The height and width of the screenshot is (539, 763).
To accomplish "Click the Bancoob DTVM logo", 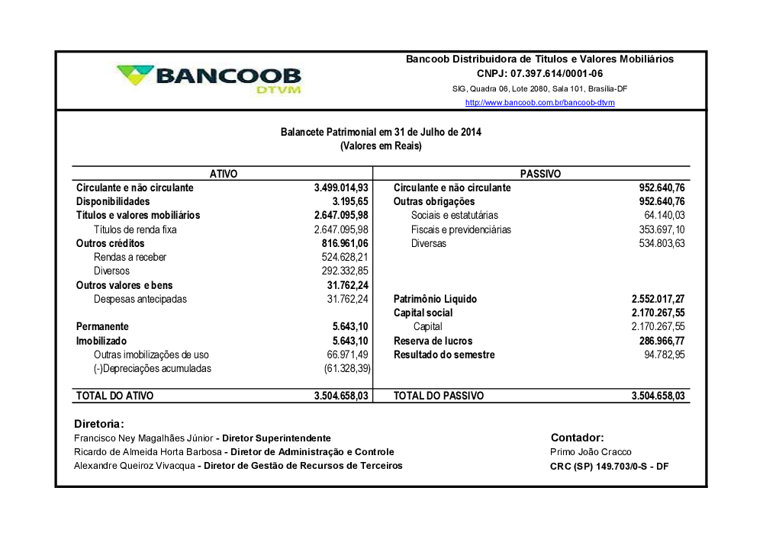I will [x=208, y=79].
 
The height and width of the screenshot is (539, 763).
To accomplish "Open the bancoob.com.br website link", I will [x=539, y=103].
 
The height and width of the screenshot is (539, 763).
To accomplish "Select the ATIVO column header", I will [x=223, y=174].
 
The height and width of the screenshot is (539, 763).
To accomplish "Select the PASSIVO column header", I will [x=540, y=174].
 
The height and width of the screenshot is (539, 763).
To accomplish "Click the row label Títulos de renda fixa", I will [x=135, y=229].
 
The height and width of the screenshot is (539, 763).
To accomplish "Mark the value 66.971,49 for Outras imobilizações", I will [x=348, y=355].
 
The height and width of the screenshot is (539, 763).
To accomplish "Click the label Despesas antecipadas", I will [x=140, y=300].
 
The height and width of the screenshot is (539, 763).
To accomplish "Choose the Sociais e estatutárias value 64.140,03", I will [x=665, y=216].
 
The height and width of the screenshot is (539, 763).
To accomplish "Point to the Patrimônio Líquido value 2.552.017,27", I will [x=658, y=300].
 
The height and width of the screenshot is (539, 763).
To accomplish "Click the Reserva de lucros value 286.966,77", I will [x=662, y=341].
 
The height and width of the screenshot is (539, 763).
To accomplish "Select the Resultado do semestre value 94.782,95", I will [x=665, y=355].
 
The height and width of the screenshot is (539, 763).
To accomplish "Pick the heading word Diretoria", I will [x=98, y=424].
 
